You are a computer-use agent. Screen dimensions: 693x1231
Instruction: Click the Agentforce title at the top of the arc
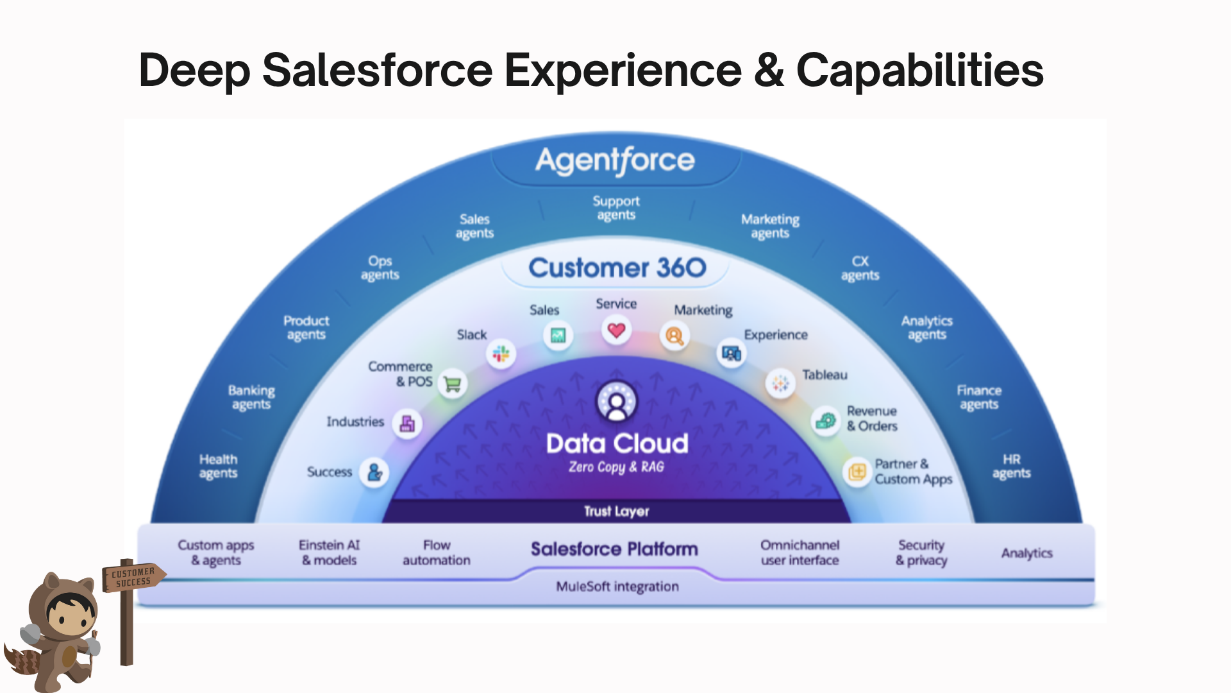(615, 160)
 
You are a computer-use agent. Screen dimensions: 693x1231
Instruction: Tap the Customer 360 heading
(617, 268)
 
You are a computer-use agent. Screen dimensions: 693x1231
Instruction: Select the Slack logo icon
(501, 354)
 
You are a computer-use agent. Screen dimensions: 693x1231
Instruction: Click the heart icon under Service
(616, 330)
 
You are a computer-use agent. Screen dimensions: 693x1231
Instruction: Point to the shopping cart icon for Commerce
(453, 384)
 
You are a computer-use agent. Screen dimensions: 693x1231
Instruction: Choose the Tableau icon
(780, 383)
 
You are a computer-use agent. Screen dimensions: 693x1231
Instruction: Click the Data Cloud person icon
(617, 402)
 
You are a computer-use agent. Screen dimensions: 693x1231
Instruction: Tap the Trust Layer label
(616, 511)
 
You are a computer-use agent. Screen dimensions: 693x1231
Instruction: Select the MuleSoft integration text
(617, 586)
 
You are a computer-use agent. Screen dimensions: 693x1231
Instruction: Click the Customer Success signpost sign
(133, 577)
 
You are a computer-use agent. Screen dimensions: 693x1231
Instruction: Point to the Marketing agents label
(770, 226)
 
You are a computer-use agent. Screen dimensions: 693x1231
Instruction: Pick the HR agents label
(1011, 466)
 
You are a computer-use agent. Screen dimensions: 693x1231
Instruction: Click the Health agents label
(218, 466)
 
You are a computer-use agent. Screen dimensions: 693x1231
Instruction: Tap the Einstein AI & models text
(330, 552)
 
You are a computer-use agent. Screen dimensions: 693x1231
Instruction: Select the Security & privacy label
(921, 552)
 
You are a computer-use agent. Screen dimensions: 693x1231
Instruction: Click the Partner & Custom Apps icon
(857, 473)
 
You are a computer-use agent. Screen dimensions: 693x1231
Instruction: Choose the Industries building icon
(407, 424)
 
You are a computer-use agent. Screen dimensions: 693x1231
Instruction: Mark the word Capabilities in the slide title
(919, 70)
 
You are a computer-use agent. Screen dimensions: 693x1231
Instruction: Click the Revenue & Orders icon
(825, 421)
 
